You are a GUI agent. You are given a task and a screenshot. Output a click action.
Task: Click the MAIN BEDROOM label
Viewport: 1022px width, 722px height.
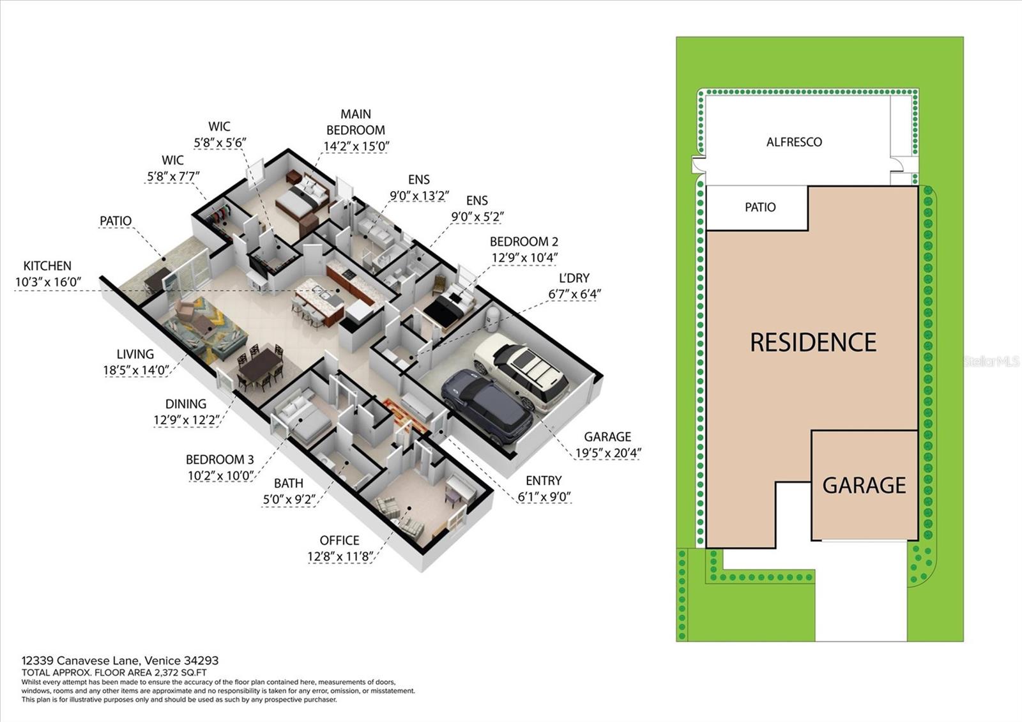[x=356, y=122]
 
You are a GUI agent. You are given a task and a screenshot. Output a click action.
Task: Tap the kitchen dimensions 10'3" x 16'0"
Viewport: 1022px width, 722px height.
[x=49, y=282]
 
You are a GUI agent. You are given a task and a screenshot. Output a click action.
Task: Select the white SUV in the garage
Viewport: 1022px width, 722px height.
[x=521, y=371]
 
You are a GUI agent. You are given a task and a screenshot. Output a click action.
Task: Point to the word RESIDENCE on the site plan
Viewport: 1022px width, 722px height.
[x=813, y=342]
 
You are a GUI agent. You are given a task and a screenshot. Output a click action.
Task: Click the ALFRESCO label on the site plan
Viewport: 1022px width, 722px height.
[x=794, y=142]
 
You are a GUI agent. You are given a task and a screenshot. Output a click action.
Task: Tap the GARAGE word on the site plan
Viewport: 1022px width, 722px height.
[x=864, y=485]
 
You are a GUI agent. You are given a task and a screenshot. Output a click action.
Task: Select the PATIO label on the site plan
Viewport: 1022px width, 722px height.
[x=760, y=207]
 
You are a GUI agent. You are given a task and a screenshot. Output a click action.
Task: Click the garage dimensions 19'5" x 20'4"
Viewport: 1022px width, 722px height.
[x=608, y=453]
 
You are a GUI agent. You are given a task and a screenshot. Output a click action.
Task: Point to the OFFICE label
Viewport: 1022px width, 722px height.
[x=339, y=541]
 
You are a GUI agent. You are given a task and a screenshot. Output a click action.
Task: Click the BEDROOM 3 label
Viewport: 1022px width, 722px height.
[x=220, y=459]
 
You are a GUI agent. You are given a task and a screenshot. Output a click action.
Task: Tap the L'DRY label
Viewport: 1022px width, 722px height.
[x=574, y=278]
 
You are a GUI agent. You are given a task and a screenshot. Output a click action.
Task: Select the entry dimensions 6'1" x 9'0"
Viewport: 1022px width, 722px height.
[x=544, y=496]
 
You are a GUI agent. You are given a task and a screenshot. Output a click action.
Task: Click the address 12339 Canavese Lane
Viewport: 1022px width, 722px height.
[x=82, y=661]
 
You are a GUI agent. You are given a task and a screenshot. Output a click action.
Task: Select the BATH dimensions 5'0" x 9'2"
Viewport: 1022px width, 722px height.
[x=289, y=499]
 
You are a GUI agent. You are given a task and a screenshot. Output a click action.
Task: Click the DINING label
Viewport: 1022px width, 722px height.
[x=186, y=404]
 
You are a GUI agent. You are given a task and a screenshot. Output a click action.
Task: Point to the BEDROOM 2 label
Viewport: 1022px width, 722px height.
[x=524, y=242]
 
